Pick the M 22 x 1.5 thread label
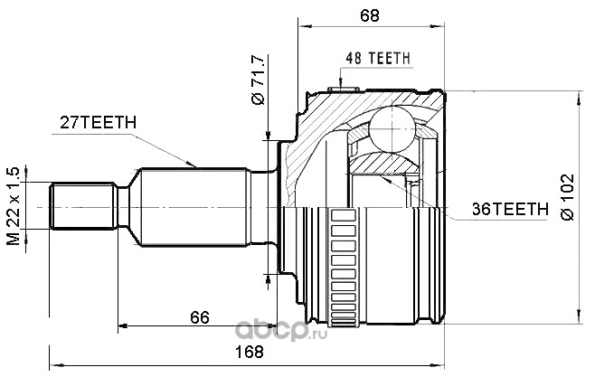pyautogui.click(x=14, y=206)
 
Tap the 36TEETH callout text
pyautogui.click(x=510, y=208)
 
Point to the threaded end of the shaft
pyautogui.click(x=81, y=206)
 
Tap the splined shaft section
pyautogui.click(x=194, y=206)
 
